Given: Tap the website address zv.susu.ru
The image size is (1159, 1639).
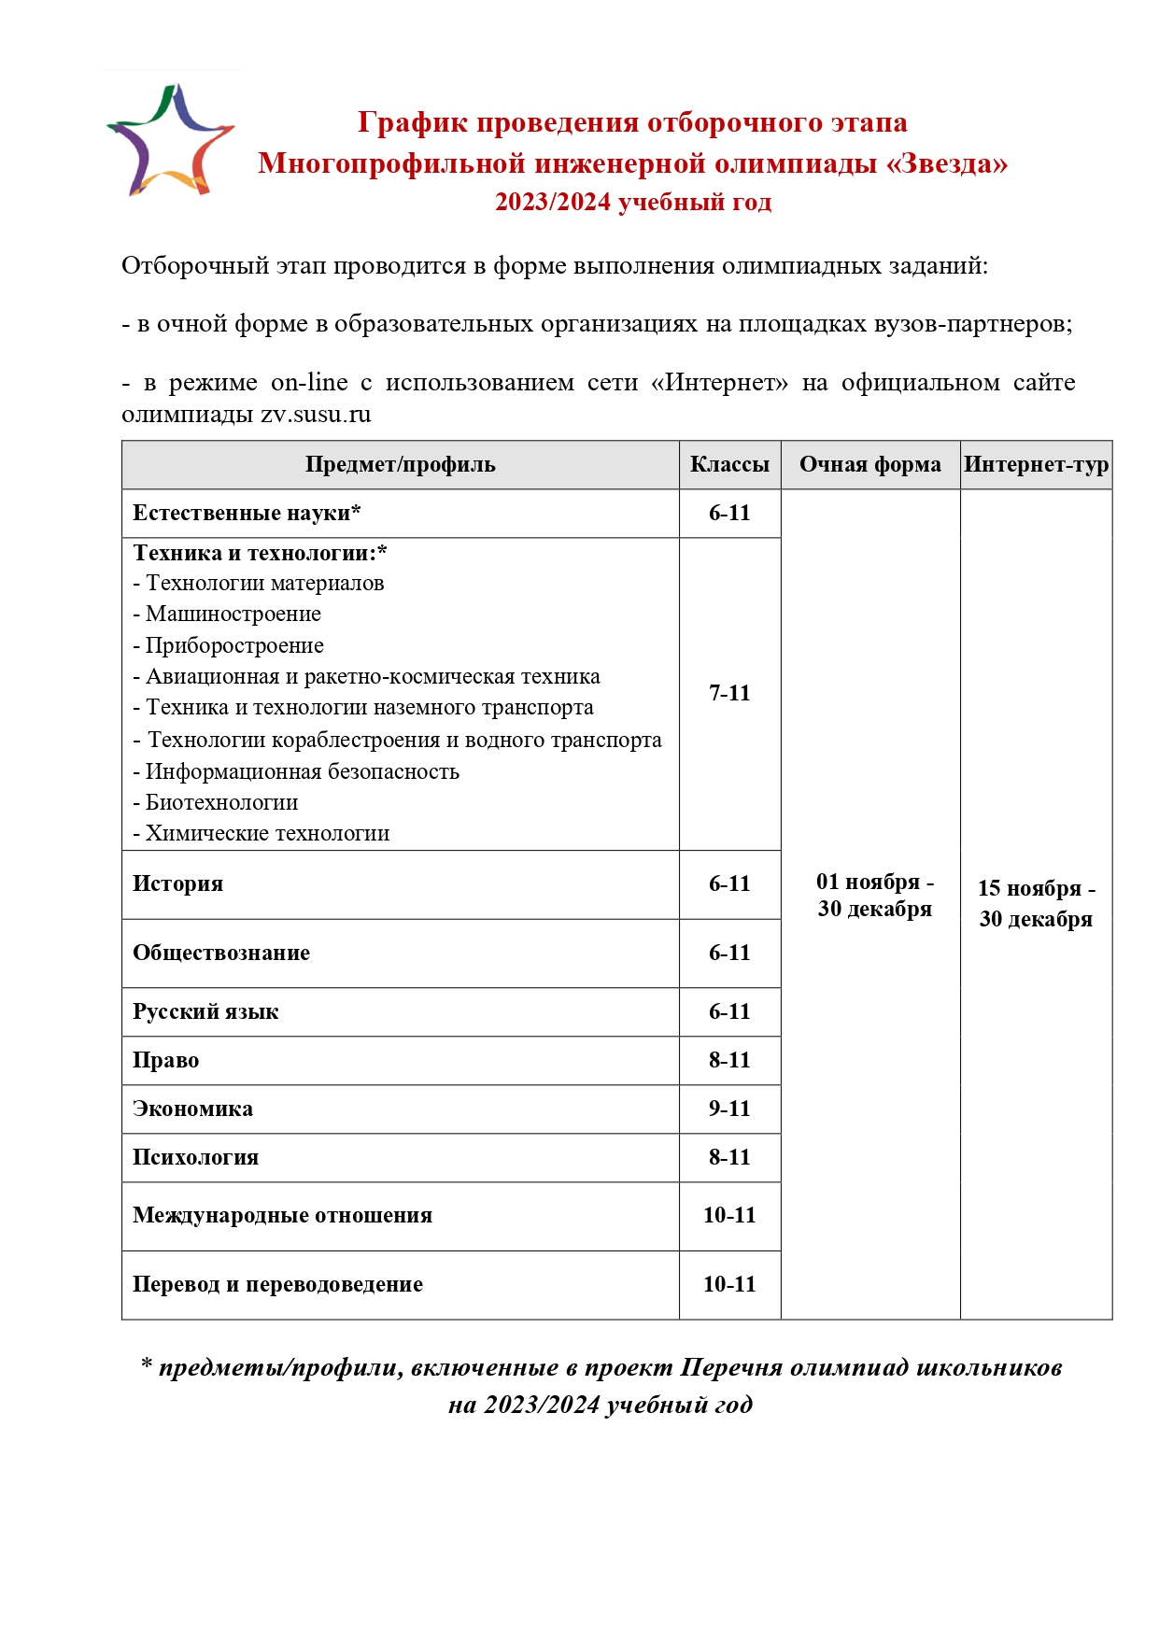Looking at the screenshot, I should tap(316, 414).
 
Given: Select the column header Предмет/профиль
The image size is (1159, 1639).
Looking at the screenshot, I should tap(400, 465).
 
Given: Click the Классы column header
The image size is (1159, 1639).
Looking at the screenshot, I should tap(729, 465).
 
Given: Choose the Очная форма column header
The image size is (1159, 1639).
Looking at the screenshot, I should tap(869, 465).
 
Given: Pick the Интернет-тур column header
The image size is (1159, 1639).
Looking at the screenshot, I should tap(1036, 465).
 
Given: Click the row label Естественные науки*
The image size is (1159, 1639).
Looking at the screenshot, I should tap(247, 513).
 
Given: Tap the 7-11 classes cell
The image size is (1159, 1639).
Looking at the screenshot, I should tap(729, 693).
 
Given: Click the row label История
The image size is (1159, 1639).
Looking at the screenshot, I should tap(177, 883).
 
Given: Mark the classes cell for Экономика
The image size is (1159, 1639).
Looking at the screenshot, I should tap(729, 1109).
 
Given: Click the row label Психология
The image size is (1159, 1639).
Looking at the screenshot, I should tap(195, 1157).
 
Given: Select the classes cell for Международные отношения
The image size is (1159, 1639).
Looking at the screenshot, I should tap(729, 1215).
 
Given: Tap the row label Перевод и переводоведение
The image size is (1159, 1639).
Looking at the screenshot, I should tap(277, 1284).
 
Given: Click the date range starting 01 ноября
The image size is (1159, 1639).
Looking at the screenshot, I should tap(874, 895).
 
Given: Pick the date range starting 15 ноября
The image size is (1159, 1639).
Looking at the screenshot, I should tap(1036, 903).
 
